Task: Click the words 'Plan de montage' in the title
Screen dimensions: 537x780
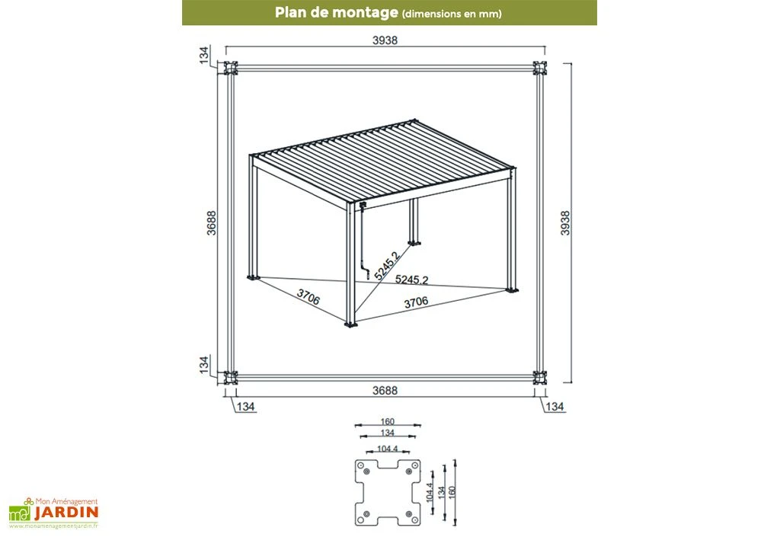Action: (337, 12)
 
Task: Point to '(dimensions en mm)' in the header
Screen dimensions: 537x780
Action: (451, 13)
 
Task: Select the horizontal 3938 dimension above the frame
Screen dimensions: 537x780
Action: (385, 41)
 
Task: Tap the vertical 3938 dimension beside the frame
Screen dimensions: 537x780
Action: (565, 222)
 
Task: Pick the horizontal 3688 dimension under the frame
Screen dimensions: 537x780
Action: (385, 391)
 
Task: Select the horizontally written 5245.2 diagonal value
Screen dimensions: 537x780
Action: (411, 280)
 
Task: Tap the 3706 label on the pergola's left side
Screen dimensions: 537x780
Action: (308, 297)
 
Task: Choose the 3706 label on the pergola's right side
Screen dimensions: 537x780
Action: (415, 302)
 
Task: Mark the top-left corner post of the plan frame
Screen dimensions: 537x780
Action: (228, 69)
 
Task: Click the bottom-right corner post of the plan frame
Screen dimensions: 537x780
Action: (539, 377)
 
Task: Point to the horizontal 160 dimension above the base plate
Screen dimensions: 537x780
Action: (388, 420)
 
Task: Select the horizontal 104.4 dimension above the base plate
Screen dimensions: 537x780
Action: (388, 449)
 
